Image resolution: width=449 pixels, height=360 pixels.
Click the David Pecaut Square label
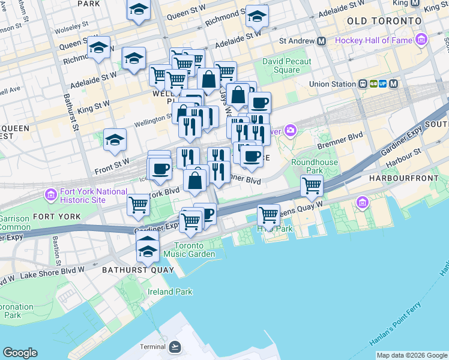pos(287,65)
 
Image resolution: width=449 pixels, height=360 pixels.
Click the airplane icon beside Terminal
pos(174,347)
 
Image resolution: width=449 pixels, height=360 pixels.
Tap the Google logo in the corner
pos(20,353)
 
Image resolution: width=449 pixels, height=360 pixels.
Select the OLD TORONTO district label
pos(384,21)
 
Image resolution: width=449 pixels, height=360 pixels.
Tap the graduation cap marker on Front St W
pos(115,140)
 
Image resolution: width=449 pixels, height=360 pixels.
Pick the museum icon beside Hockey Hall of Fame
pos(421,41)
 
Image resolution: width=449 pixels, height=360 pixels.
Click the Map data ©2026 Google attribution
pos(412,355)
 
